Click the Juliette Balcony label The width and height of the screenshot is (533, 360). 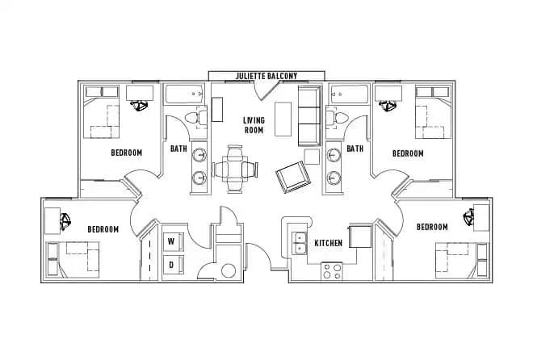(x=254, y=76)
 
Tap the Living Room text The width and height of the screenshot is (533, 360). (x=254, y=124)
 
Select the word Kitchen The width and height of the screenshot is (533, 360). (x=329, y=242)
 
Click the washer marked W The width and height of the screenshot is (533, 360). (x=172, y=241)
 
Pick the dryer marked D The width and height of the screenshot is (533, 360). (x=172, y=264)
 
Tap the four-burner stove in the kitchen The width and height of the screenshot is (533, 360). (x=332, y=271)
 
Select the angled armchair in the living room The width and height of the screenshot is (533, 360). (x=291, y=175)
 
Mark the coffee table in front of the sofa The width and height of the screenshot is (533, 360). (x=283, y=119)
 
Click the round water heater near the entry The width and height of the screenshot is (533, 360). (x=229, y=271)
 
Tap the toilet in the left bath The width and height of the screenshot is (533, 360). (x=192, y=119)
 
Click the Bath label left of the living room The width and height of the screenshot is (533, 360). (x=179, y=149)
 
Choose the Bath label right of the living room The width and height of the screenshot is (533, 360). (x=355, y=149)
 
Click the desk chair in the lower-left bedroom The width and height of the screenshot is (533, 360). (x=65, y=218)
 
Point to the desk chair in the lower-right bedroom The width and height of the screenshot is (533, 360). (x=468, y=216)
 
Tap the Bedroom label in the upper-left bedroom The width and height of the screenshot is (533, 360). (x=127, y=153)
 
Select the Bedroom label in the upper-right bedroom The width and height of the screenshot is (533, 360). (x=408, y=153)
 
